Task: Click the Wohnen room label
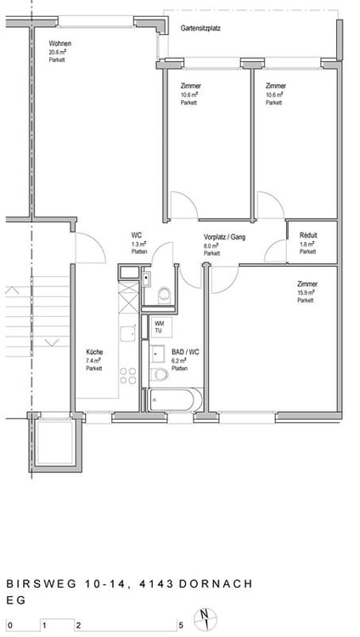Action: pos(59,43)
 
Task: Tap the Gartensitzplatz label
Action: pos(201,28)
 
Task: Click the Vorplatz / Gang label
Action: pos(224,237)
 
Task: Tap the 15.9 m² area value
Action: pos(306,292)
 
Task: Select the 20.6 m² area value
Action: pos(59,52)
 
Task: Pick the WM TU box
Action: pos(159,326)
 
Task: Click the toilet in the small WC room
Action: pos(164,294)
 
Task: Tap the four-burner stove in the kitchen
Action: pos(128,374)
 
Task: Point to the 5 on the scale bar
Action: pos(180,626)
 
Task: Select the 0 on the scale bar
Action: pos(8,626)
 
